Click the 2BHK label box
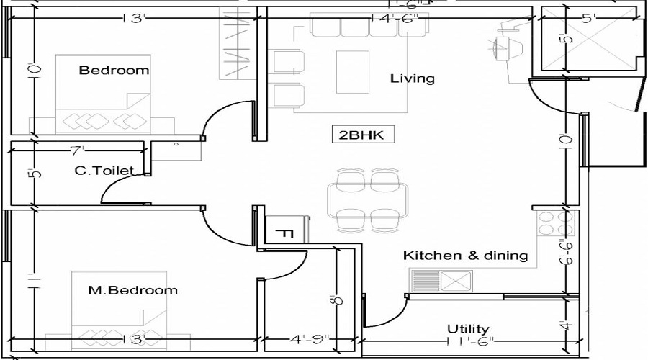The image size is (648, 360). tap(362, 135)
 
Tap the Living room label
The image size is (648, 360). tap(412, 78)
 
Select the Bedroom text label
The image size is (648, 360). tap(114, 70)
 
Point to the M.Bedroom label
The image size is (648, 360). tap(132, 290)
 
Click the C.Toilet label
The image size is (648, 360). tap(104, 171)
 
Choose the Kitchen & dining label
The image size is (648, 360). tap(465, 255)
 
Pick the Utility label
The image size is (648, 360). tap(467, 328)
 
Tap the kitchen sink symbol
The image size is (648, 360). tap(455, 279)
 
